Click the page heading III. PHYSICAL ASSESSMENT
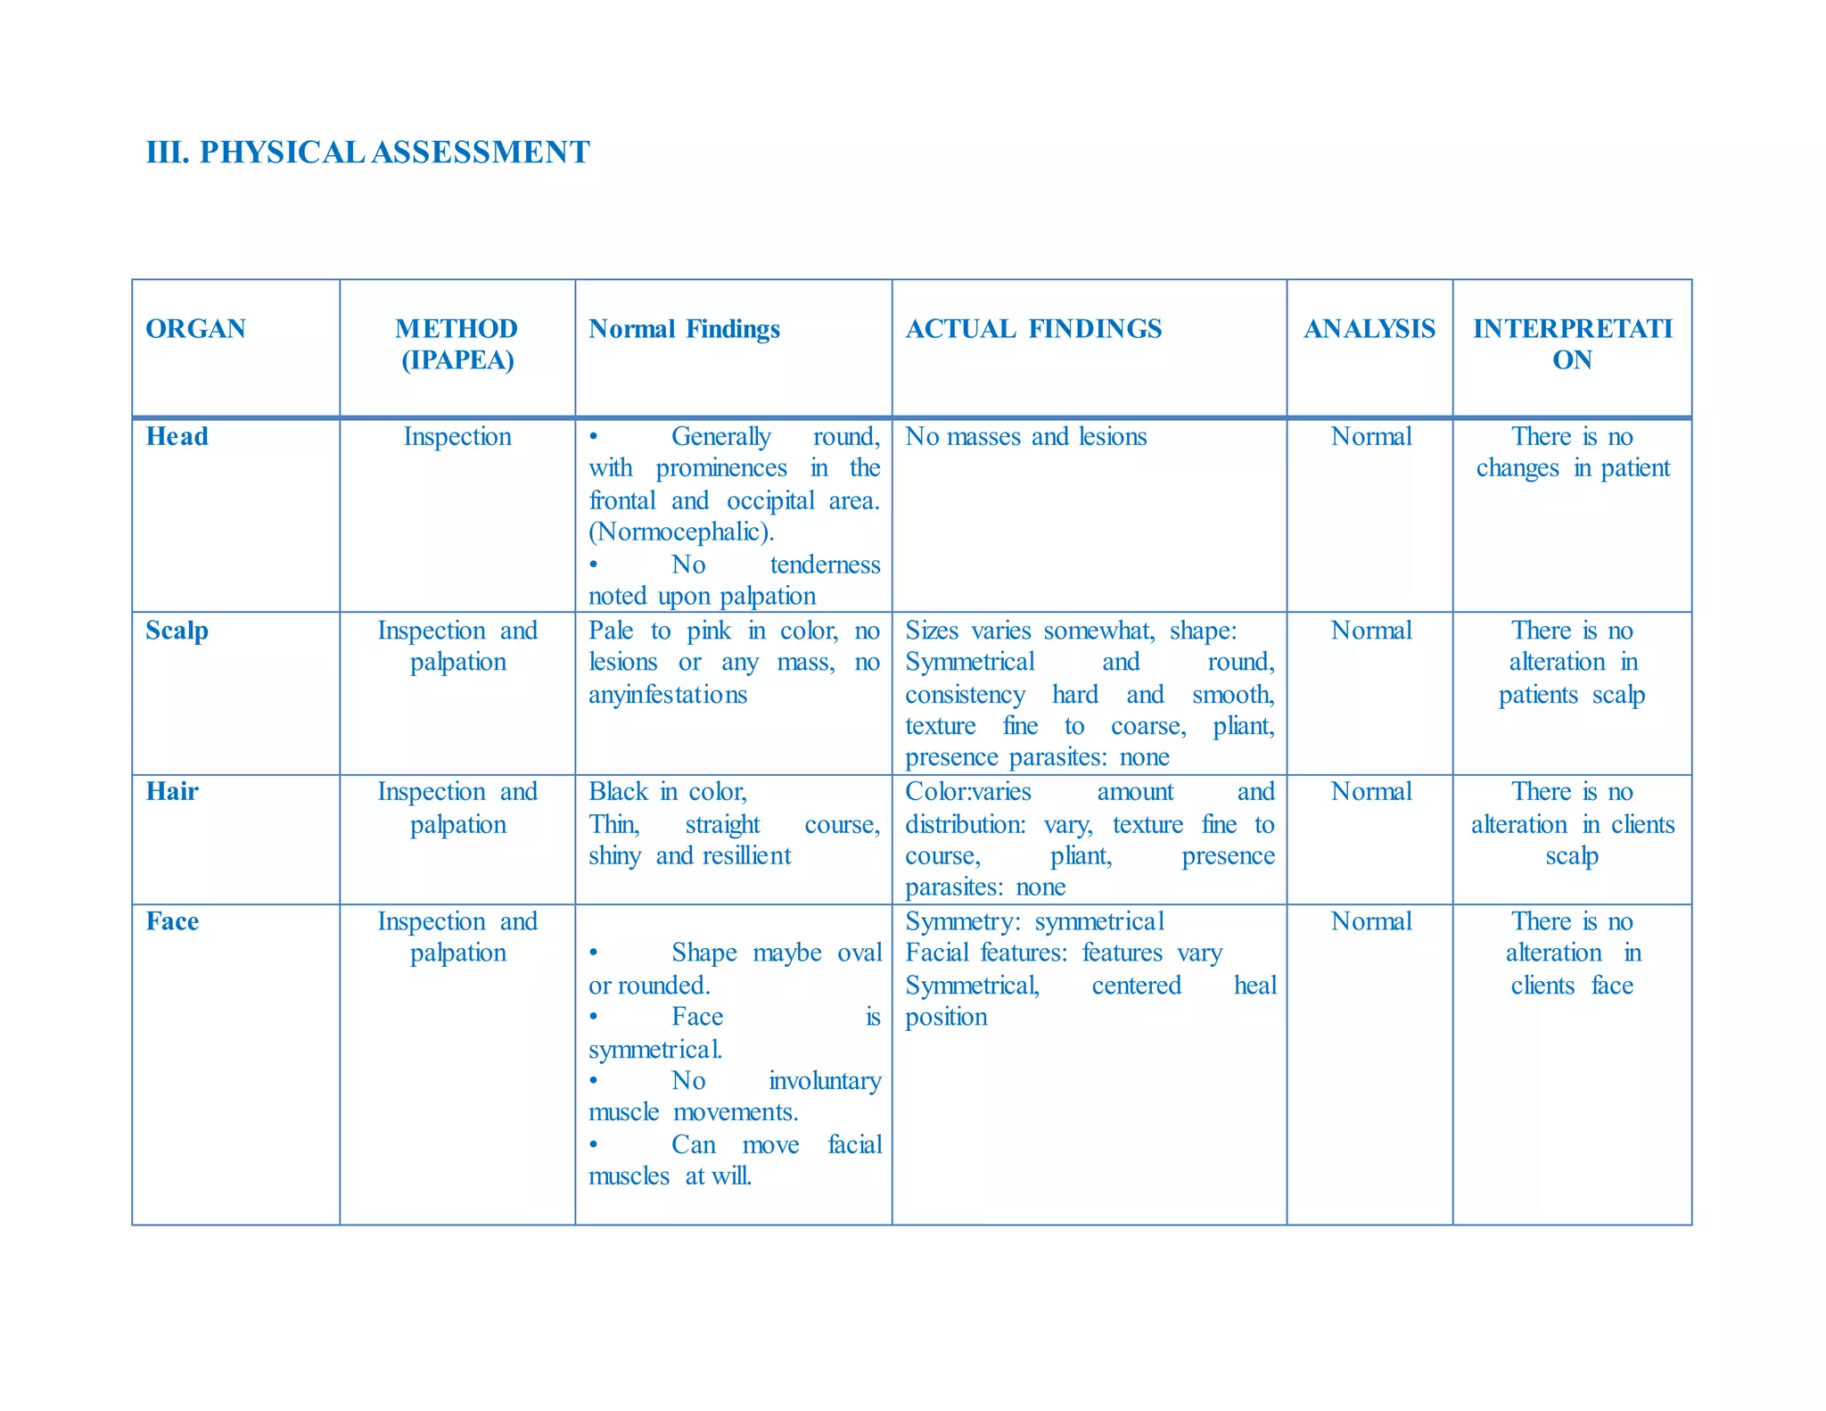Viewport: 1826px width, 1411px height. tap(367, 153)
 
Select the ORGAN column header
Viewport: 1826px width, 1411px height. tap(195, 329)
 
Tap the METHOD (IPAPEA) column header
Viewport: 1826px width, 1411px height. tap(456, 344)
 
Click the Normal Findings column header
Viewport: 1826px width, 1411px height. tap(684, 329)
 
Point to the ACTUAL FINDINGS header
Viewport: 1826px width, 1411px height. tap(1033, 329)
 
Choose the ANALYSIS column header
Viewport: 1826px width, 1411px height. tap(1369, 329)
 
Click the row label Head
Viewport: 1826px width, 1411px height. tap(177, 436)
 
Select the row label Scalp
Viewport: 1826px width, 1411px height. tap(177, 631)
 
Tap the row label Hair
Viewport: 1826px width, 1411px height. tap(172, 792)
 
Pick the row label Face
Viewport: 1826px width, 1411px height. tap(172, 921)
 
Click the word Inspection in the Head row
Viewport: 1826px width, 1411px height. tap(457, 436)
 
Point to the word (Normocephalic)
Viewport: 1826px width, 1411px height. tap(681, 532)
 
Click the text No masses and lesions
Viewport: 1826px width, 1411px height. tap(1025, 436)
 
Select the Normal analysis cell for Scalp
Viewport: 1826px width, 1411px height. tap(1370, 631)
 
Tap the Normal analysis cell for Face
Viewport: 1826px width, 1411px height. tap(1370, 921)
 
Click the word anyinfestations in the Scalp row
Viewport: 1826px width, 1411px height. tap(668, 695)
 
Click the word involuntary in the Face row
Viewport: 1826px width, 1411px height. tap(825, 1081)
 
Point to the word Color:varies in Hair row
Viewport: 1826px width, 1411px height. tap(968, 792)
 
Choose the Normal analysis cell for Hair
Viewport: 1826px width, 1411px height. tap(1370, 792)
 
